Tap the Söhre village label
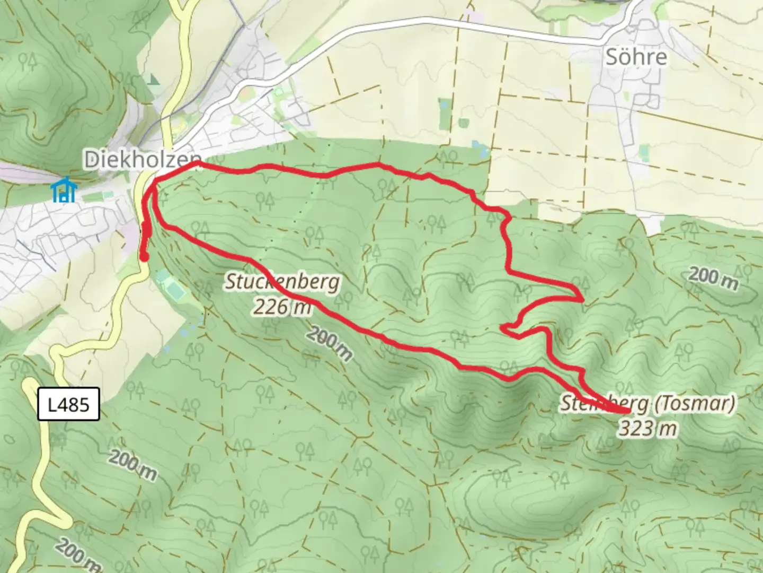click(x=636, y=57)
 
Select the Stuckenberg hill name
click(x=282, y=282)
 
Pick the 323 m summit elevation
click(x=647, y=428)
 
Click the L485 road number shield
click(x=69, y=405)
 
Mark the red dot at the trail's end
click(x=144, y=257)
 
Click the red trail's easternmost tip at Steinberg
click(x=628, y=411)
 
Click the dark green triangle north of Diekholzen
click(x=154, y=80)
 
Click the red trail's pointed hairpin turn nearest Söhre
click(x=582, y=298)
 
